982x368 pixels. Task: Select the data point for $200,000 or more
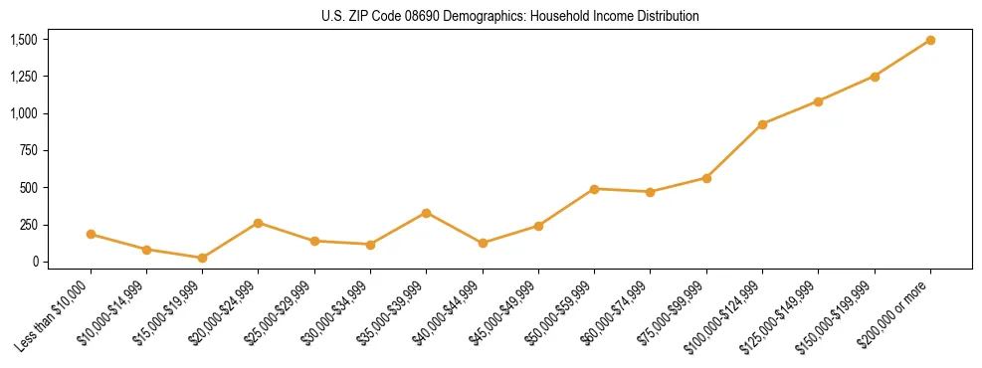(930, 40)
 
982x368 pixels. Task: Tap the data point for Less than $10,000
(91, 235)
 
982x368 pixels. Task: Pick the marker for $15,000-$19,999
(202, 258)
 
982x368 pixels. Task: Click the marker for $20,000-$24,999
(259, 223)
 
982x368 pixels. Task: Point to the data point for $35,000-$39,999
(426, 213)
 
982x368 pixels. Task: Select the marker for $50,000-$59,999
(594, 189)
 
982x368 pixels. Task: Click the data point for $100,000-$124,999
(762, 124)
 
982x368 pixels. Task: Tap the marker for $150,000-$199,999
(875, 77)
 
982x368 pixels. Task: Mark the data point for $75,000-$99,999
(706, 178)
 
